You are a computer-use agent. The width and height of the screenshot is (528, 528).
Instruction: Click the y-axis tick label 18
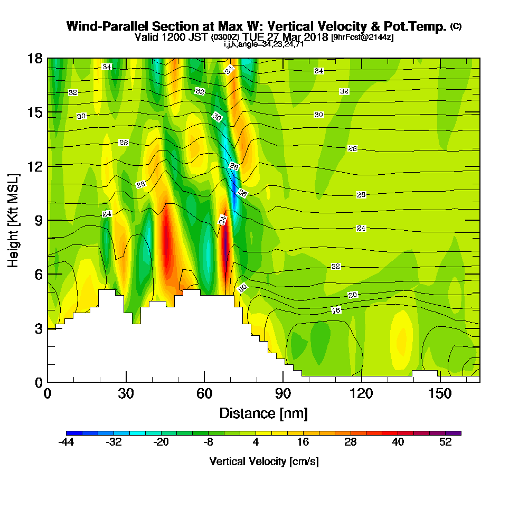pyautogui.click(x=35, y=58)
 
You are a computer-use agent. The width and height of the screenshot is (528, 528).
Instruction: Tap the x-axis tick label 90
pyautogui.click(x=283, y=394)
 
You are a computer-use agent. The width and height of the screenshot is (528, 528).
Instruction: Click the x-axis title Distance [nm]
pyautogui.click(x=263, y=413)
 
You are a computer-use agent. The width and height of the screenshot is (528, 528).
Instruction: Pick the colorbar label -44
pyautogui.click(x=67, y=442)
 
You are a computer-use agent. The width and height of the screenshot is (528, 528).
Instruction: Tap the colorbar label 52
pyautogui.click(x=445, y=442)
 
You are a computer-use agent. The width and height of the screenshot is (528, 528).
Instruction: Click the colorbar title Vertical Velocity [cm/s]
pyautogui.click(x=263, y=461)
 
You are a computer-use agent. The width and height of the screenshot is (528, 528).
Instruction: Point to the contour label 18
pyautogui.click(x=336, y=310)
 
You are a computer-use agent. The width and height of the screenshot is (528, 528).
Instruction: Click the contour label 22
pyautogui.click(x=336, y=266)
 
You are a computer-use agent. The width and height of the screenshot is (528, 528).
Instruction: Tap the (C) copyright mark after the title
pyautogui.click(x=456, y=26)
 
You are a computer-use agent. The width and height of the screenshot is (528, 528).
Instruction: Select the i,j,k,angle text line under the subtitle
pyautogui.click(x=263, y=44)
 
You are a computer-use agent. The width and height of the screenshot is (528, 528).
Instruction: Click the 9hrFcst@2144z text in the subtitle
pyautogui.click(x=362, y=37)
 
